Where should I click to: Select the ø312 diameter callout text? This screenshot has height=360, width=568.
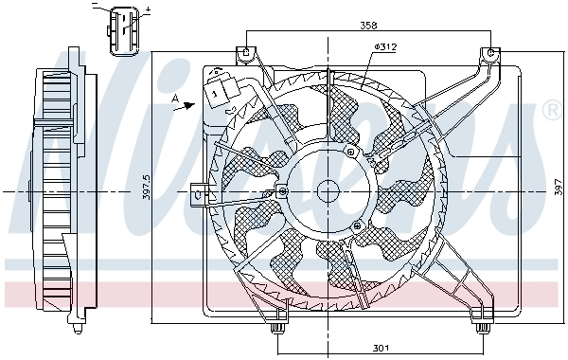tap(385, 45)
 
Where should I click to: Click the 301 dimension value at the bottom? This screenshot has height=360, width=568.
tap(380, 346)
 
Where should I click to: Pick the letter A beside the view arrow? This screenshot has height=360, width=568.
tap(174, 98)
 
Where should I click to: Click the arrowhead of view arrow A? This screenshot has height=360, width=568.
tap(196, 105)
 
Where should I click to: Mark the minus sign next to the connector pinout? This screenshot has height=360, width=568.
tap(96, 7)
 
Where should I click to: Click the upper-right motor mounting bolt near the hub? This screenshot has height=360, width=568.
tap(351, 152)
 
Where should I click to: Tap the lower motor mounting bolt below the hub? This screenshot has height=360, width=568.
tap(355, 225)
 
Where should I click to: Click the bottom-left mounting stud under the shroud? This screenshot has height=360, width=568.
tap(277, 328)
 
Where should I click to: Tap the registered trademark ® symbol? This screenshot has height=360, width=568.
tap(550, 112)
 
